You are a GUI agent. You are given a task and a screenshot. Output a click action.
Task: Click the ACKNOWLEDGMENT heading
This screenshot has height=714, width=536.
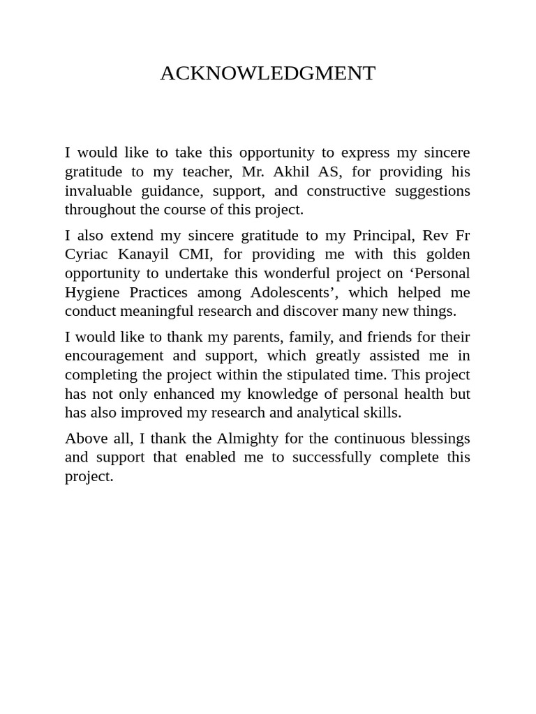[x=267, y=73]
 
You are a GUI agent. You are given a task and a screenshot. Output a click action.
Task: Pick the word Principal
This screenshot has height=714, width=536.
[x=382, y=235]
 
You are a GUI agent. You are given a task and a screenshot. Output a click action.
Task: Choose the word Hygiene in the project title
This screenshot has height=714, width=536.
[x=91, y=292]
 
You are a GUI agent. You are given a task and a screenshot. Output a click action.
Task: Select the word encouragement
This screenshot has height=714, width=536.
[x=114, y=356]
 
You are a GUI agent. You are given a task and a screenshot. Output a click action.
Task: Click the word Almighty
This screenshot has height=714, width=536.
[x=246, y=438]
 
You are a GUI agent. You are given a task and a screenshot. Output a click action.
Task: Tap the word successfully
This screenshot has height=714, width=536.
[x=332, y=457]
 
